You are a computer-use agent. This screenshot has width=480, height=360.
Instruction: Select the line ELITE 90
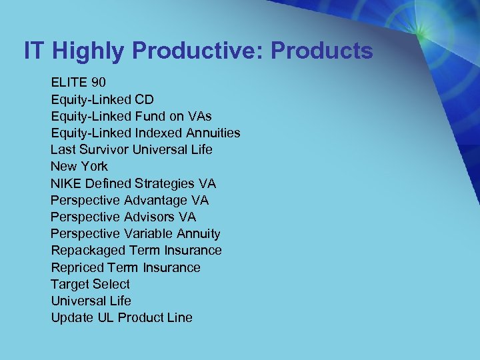[79, 83]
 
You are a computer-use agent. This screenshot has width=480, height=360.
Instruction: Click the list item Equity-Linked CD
[102, 99]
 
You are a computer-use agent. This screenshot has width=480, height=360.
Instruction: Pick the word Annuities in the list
[211, 133]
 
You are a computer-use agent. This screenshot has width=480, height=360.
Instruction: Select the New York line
[79, 166]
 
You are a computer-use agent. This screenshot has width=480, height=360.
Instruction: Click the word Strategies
[166, 183]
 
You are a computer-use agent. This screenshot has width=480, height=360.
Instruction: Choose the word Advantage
[155, 200]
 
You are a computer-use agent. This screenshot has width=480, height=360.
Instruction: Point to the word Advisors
[149, 217]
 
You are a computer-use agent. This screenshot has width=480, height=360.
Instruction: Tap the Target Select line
[90, 284]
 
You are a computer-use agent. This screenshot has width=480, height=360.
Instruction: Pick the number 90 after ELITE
[98, 83]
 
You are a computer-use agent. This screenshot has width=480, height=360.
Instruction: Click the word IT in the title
[34, 51]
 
